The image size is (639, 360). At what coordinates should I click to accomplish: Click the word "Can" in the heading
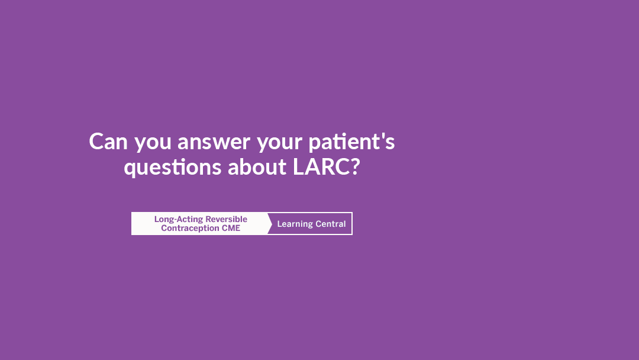point(108,142)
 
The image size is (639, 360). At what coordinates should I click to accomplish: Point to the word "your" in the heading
point(279,143)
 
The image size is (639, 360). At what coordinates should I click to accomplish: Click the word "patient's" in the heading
point(351,142)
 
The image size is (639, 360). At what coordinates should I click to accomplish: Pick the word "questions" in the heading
point(172,168)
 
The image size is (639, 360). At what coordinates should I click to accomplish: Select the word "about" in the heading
point(257,167)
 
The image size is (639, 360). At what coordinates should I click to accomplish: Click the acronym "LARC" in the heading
point(321,167)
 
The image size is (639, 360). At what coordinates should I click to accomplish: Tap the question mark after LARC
point(355,167)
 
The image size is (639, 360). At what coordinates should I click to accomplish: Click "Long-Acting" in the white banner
point(179,220)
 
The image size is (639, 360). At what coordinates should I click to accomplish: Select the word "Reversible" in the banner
point(226,219)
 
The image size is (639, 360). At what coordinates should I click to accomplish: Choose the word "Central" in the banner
point(331,224)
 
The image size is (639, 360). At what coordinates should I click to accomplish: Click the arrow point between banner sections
point(272,223)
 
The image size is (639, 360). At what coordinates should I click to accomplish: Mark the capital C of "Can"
point(96,142)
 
